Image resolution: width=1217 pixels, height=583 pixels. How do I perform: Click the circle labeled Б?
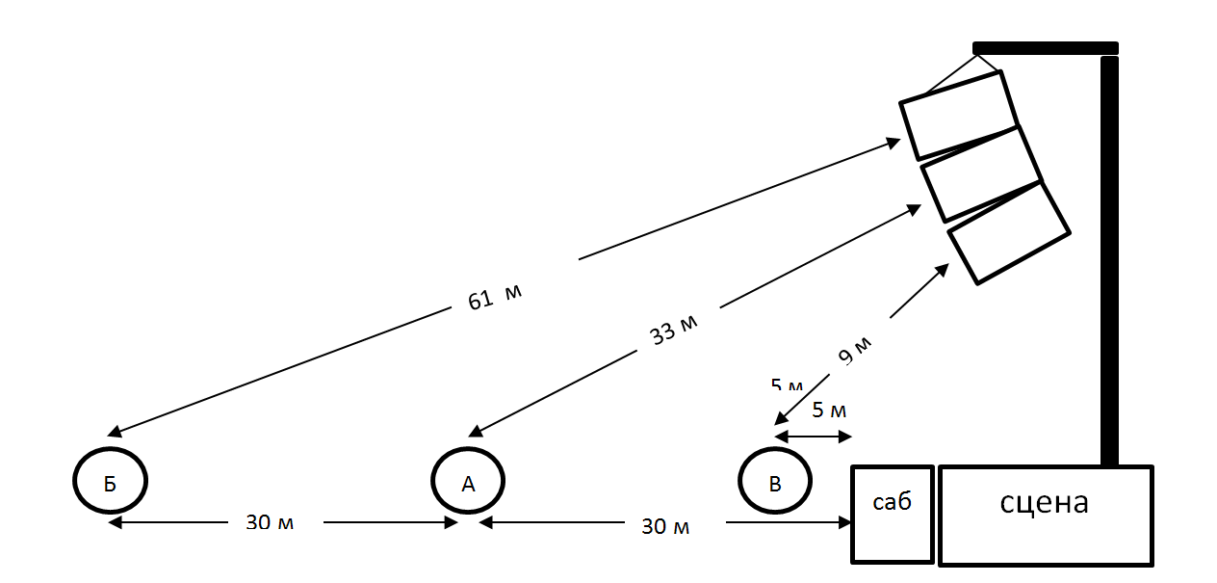point(110,481)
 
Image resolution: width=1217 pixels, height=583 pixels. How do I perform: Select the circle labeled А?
point(468,481)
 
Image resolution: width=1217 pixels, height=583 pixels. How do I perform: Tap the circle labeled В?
point(775,481)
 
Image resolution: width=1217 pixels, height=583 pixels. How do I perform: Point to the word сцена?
point(1045,502)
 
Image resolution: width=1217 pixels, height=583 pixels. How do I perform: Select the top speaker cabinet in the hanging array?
point(959,115)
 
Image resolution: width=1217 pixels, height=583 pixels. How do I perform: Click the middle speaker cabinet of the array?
point(981,173)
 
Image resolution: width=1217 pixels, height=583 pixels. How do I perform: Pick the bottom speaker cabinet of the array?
point(1009,232)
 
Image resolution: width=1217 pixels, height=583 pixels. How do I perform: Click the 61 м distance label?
point(494,297)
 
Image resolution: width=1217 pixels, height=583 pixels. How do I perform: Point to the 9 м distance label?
point(855,351)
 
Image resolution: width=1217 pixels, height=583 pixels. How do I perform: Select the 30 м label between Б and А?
point(270,523)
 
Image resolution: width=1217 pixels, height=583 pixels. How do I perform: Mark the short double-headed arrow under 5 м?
point(814,437)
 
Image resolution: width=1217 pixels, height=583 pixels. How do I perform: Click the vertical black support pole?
point(1109,260)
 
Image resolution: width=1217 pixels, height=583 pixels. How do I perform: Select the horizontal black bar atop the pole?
point(1045,47)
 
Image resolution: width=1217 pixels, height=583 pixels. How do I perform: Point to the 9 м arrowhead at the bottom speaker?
point(943,270)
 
